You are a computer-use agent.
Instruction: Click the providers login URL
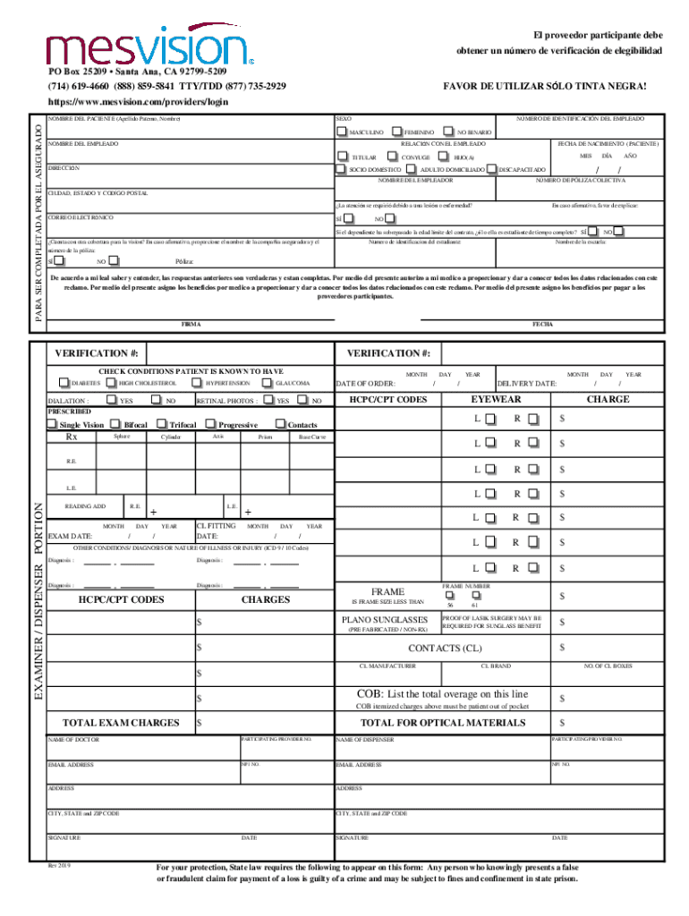pyautogui.click(x=138, y=102)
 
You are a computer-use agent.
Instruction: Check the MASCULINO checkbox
pyautogui.click(x=342, y=131)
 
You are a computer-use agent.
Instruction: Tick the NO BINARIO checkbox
pyautogui.click(x=450, y=131)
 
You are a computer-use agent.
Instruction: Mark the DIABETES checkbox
pyautogui.click(x=64, y=383)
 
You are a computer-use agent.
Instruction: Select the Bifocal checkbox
pyautogui.click(x=116, y=424)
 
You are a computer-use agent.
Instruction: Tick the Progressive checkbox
pyautogui.click(x=211, y=424)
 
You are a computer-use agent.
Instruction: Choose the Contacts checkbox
pyautogui.click(x=281, y=424)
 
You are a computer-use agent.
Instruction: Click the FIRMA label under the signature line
pyautogui.click(x=191, y=324)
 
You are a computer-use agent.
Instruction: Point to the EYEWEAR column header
pyautogui.click(x=496, y=400)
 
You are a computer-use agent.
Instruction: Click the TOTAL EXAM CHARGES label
pyautogui.click(x=120, y=722)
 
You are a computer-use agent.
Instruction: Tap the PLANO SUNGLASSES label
pyautogui.click(x=385, y=620)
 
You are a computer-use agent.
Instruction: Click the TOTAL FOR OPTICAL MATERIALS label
pyautogui.click(x=442, y=722)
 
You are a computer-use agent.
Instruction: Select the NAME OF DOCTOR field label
pyautogui.click(x=73, y=741)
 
